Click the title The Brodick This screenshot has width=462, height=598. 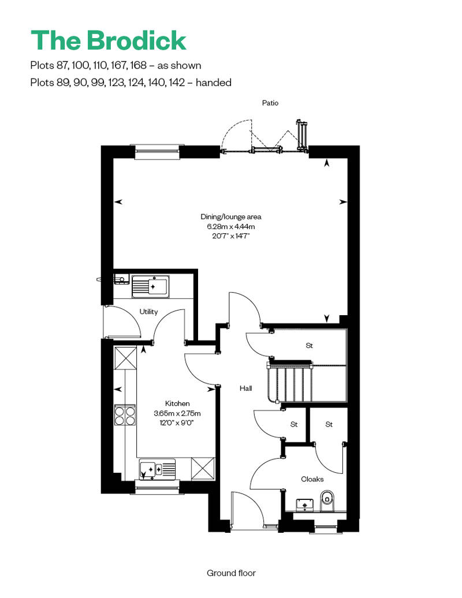109,40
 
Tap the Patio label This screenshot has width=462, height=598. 270,103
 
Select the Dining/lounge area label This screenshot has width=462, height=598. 231,216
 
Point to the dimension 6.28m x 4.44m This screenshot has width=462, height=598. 231,226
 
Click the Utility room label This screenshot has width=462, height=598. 148,312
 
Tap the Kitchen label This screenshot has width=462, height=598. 177,403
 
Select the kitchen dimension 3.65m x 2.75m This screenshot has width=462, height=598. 177,413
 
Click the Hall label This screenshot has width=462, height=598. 245,388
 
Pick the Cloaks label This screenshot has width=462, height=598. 312,479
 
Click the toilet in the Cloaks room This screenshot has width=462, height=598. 327,500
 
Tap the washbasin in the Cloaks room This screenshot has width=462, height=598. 305,504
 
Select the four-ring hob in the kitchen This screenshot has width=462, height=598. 125,416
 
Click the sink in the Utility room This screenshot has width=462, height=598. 150,286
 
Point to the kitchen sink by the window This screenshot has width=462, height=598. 157,469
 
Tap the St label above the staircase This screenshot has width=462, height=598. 310,346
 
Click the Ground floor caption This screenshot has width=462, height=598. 231,573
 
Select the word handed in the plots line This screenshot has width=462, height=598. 213,83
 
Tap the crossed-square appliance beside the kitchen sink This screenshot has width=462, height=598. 203,468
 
